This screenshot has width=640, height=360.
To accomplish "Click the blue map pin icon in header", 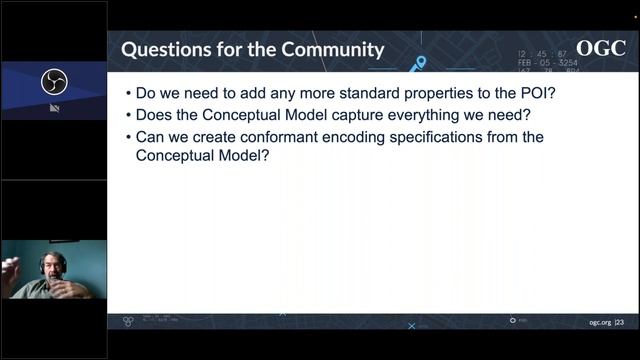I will coord(421,63).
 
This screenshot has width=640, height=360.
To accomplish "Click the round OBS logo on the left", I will coord(54,82).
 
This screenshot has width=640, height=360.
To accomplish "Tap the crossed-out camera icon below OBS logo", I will coord(54,107).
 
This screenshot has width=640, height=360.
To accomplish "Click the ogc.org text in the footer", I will coord(597,322).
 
